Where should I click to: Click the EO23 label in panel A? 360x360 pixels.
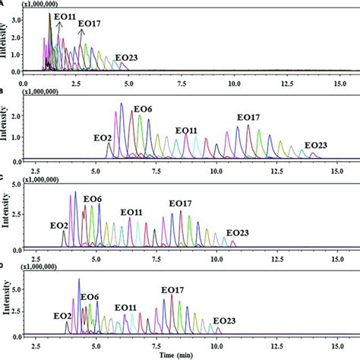(126, 57)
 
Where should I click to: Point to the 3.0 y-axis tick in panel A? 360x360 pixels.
(16, 16)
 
